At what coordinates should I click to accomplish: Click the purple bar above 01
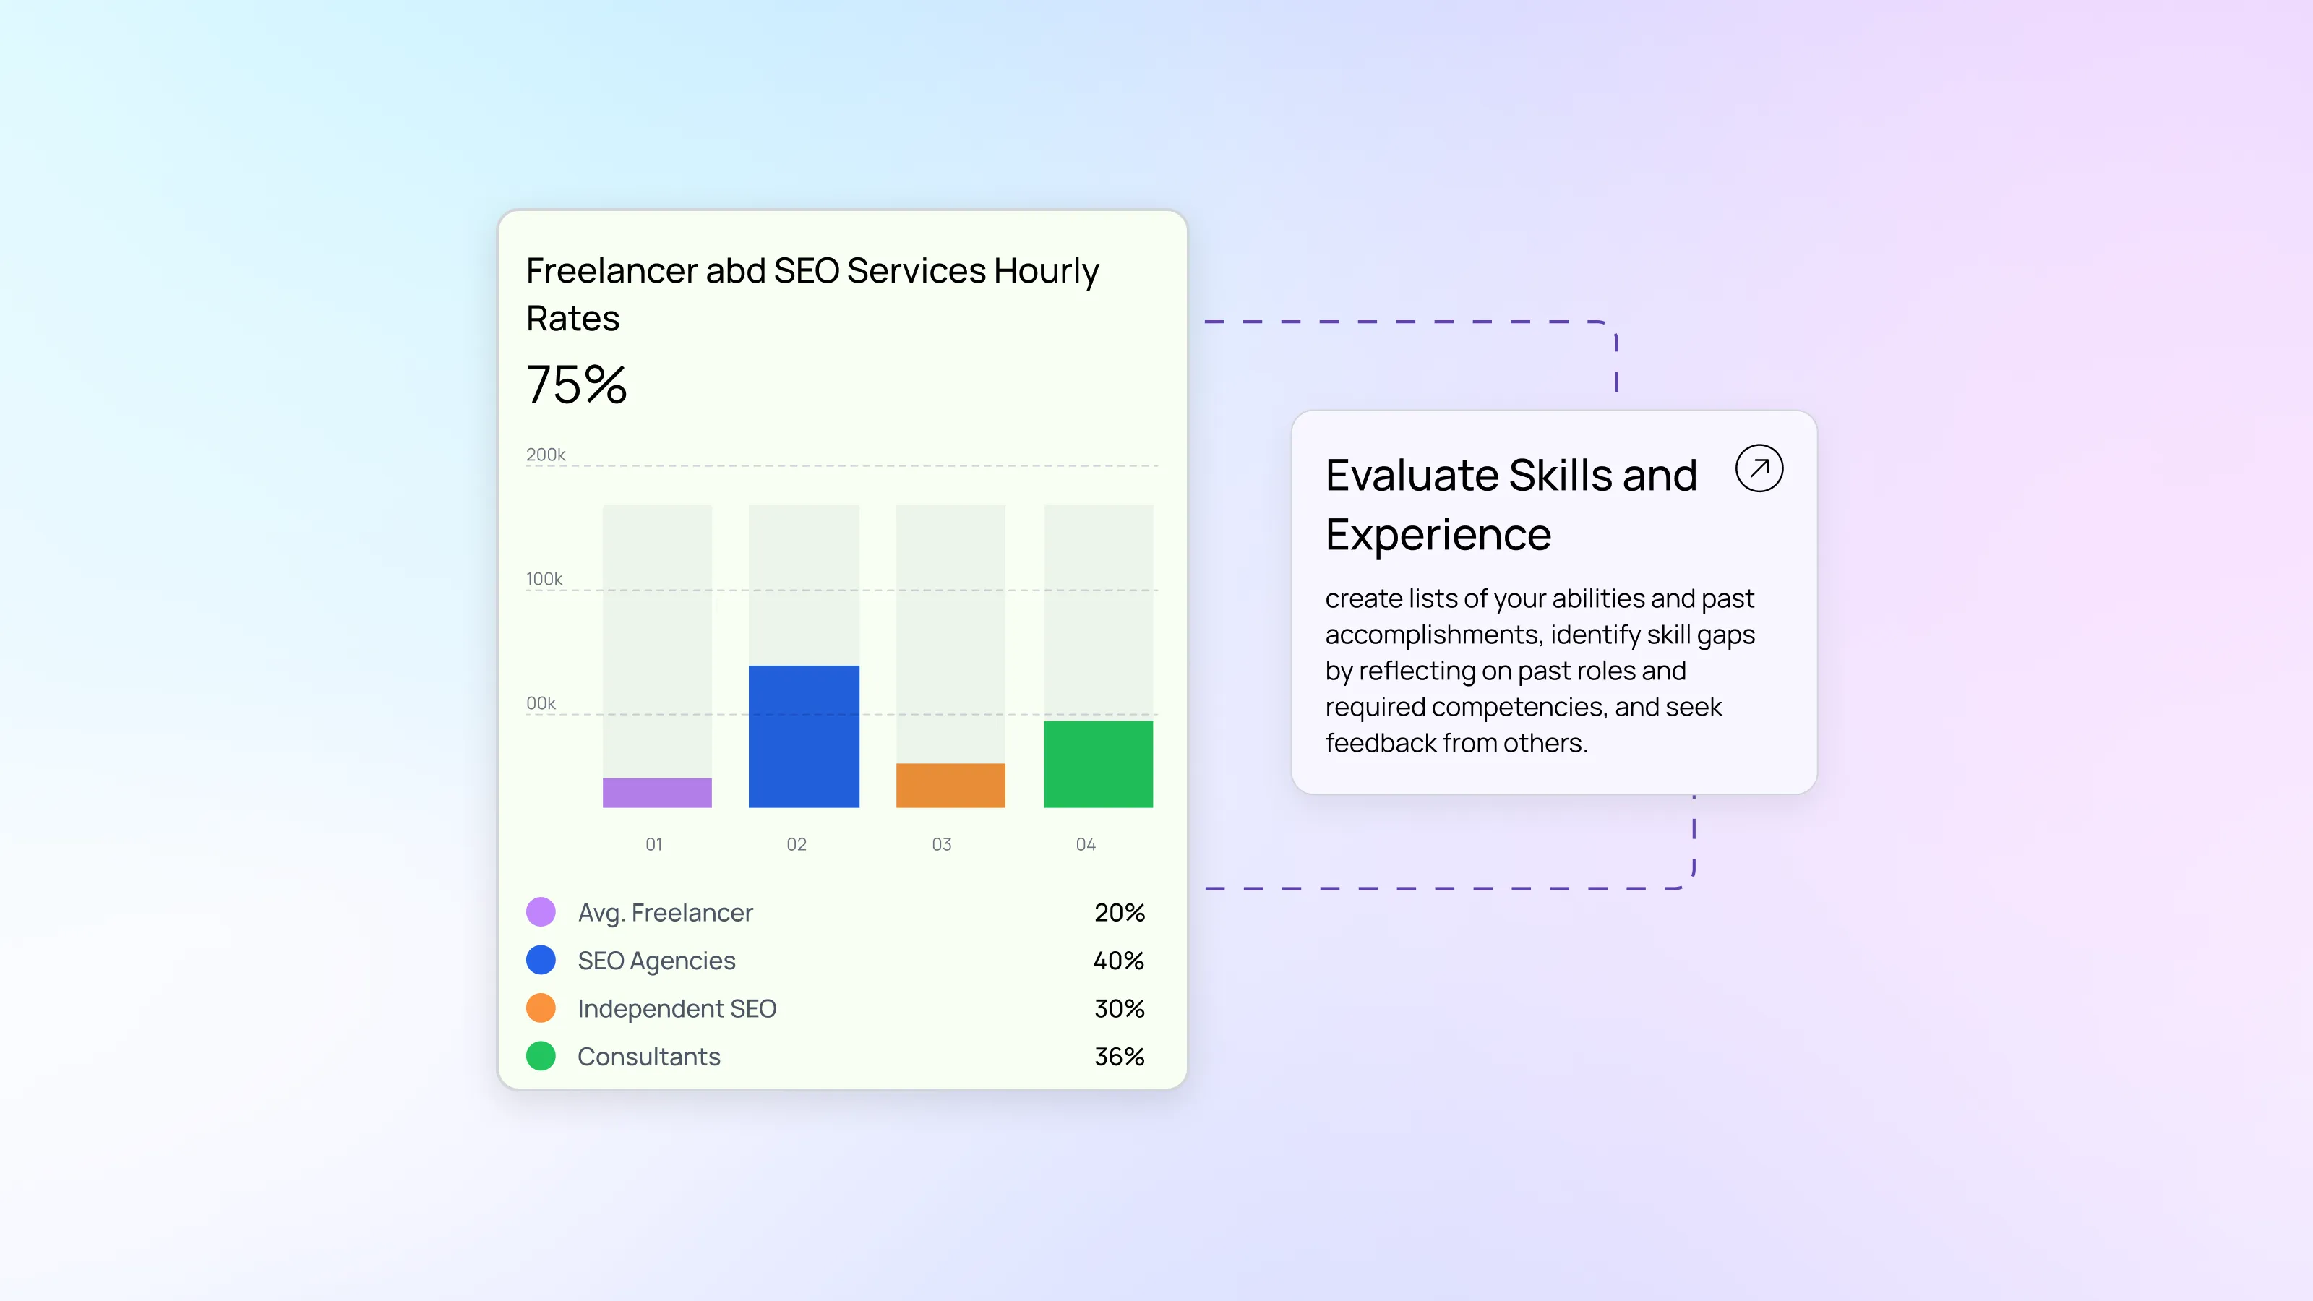657,793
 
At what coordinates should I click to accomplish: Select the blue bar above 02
804,737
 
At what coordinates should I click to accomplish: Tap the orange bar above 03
951,786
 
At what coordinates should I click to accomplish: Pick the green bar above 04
1098,764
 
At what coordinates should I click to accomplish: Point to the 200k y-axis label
546,455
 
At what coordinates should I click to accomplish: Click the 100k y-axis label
544,579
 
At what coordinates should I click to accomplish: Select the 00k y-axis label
541,703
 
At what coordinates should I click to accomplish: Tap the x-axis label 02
797,844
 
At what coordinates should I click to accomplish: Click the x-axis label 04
1086,844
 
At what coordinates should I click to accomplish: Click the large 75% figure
577,385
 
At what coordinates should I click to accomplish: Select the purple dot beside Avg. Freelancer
541,911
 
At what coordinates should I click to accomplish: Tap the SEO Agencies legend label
656,961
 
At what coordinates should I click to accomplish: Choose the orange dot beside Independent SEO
541,1008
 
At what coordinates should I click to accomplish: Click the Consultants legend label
649,1057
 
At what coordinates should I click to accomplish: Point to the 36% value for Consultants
1119,1057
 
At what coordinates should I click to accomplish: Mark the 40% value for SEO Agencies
1119,961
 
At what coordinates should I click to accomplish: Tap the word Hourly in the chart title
1046,272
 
